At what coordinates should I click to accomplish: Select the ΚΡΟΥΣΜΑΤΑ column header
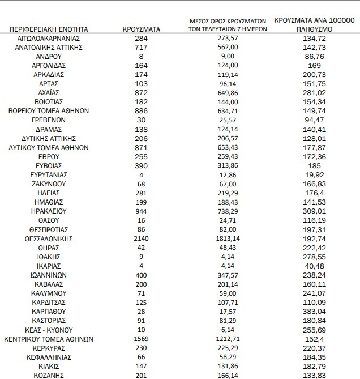142,28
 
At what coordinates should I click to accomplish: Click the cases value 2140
142,239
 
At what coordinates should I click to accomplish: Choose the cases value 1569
142,339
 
